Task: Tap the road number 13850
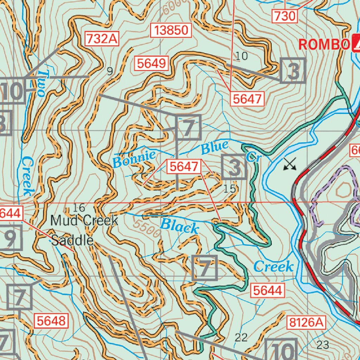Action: point(171,31)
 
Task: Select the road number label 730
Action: point(285,16)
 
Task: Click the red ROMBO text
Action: point(323,45)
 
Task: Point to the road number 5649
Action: point(151,64)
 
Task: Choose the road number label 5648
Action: point(51,321)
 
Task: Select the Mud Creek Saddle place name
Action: point(84,230)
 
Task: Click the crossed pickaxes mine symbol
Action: point(290,164)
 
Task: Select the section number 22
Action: point(241,337)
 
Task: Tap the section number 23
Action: point(323,344)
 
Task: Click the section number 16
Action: point(79,208)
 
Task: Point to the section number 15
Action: point(230,189)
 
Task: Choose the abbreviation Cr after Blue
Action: point(253,157)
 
